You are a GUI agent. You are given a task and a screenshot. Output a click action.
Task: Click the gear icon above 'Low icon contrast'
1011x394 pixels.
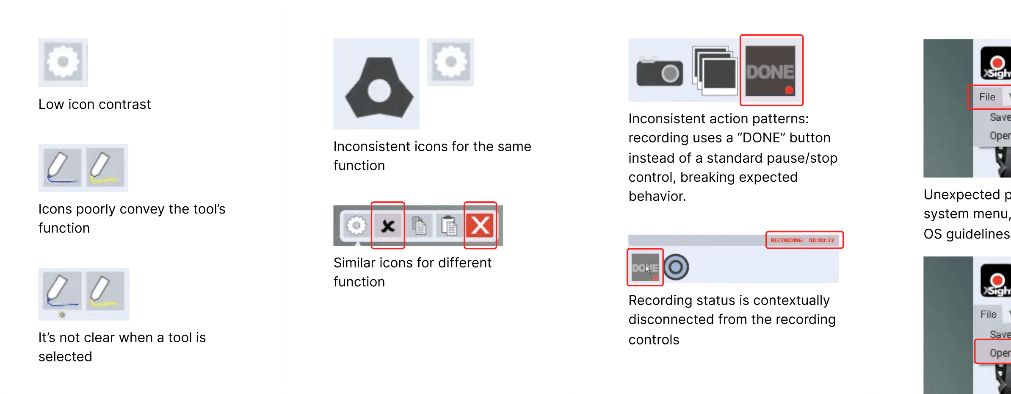click(63, 62)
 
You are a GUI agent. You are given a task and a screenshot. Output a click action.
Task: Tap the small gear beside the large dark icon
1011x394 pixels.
click(451, 62)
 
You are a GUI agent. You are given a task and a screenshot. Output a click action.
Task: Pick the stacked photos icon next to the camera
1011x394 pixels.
click(715, 70)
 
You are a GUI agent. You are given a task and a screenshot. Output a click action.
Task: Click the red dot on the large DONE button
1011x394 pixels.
click(789, 90)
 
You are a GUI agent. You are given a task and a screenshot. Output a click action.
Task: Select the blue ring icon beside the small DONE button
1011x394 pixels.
click(676, 267)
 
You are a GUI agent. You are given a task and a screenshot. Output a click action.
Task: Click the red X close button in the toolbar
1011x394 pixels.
click(480, 225)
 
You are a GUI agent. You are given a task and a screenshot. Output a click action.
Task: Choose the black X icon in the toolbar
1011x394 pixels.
click(388, 226)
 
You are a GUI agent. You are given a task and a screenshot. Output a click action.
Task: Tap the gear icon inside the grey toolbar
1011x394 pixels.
click(356, 225)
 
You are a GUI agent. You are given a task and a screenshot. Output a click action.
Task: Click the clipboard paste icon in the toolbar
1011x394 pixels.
click(449, 225)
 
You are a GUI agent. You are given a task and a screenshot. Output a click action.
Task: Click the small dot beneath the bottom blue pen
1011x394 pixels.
click(62, 315)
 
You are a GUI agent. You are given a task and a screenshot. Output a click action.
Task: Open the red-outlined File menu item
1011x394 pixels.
click(987, 97)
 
